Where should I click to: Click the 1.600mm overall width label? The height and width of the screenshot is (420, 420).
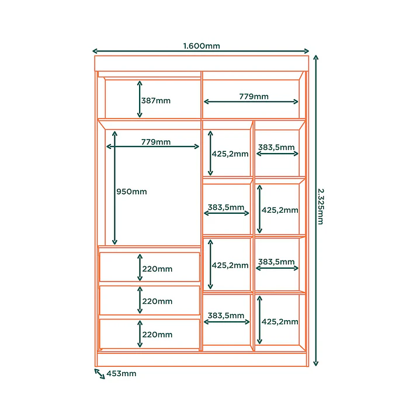[x=202, y=46]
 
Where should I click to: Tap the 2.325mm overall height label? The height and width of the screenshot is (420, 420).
[x=321, y=206]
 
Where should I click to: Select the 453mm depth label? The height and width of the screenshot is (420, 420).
[x=122, y=373]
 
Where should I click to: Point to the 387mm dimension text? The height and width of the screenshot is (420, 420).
[x=156, y=100]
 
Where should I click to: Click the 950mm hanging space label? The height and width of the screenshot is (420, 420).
[x=131, y=192]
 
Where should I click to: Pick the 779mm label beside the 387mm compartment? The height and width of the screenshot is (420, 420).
[x=254, y=96]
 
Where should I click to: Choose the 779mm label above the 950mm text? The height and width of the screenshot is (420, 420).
[x=156, y=142]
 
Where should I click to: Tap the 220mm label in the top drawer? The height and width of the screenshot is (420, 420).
[x=157, y=269]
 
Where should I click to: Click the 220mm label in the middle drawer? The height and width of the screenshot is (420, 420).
[x=157, y=301]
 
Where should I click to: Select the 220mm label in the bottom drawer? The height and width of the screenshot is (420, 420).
[x=157, y=335]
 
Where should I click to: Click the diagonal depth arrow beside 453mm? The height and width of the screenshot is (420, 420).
[x=99, y=374]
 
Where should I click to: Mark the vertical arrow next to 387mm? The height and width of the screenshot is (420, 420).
[x=140, y=99]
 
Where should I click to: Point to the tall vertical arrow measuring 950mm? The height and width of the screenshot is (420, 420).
[x=114, y=188]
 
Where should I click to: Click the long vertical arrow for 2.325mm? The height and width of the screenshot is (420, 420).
[x=316, y=210]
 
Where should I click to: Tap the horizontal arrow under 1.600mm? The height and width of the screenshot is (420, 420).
[x=200, y=51]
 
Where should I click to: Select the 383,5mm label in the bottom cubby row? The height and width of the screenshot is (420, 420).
[x=226, y=315]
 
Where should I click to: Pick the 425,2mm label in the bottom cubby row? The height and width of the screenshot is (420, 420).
[x=280, y=322]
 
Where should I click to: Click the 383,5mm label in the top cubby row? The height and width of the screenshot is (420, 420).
[x=276, y=147]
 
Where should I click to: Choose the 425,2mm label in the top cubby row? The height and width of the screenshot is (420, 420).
[x=230, y=154]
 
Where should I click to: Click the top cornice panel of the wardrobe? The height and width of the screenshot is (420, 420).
[x=202, y=64]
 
